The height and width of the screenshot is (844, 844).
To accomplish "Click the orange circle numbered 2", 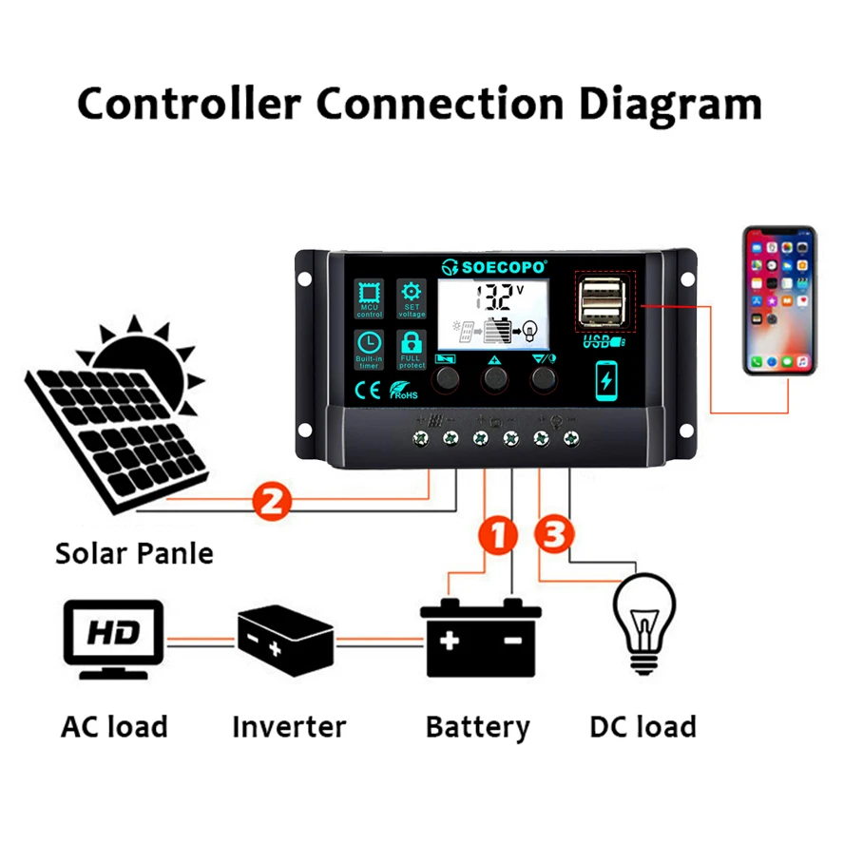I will pos(271,501).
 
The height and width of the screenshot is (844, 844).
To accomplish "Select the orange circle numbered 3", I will pos(555,534).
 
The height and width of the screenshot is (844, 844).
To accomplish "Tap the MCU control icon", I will pos(370,297).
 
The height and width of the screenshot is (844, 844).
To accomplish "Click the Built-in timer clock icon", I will pos(370,348).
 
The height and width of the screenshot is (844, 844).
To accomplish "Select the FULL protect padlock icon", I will pos(412,348).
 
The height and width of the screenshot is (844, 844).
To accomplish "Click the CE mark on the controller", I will pos(368,390).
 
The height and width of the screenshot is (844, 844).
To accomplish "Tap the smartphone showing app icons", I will pos(779,301).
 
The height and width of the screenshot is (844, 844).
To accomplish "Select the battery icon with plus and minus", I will pos(481,636).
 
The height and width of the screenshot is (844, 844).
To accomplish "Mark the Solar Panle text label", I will pos(134,553).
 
